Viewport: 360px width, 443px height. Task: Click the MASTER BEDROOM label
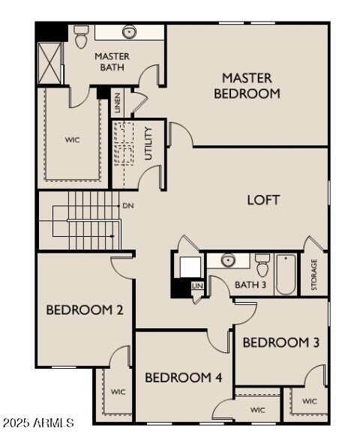[247, 85]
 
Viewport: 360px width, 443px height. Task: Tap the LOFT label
[263, 200]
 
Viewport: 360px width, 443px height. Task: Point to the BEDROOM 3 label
[281, 343]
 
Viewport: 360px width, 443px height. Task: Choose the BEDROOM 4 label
[183, 378]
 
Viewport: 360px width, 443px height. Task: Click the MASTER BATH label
[112, 61]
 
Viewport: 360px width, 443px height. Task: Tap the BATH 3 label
[250, 285]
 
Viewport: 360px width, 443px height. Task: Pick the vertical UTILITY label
[148, 144]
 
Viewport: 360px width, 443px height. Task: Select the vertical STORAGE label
[314, 275]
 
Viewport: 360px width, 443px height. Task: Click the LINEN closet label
[118, 103]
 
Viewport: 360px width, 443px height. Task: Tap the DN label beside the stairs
[127, 205]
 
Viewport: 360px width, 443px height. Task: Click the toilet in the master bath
[81, 34]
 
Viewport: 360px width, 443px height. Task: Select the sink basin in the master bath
[130, 32]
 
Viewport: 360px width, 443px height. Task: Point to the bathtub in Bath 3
[286, 275]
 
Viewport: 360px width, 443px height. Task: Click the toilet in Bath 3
[262, 265]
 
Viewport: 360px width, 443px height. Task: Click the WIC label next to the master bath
[72, 139]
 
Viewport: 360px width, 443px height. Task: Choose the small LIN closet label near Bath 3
[197, 286]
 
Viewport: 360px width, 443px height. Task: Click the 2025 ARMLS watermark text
[37, 424]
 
